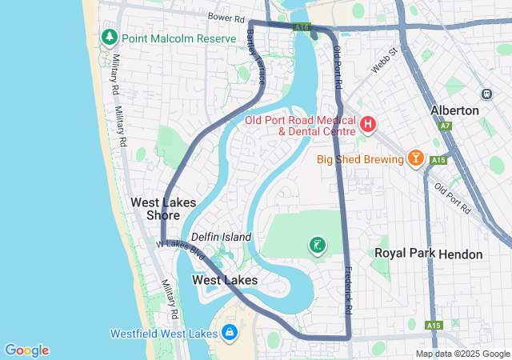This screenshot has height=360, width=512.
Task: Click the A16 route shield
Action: (x=302, y=27)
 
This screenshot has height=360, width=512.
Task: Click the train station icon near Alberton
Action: (x=486, y=93)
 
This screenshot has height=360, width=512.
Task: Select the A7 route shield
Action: (x=445, y=126)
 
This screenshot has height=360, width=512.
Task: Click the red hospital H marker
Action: (x=367, y=124)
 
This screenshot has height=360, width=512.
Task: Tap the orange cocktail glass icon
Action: (x=415, y=158)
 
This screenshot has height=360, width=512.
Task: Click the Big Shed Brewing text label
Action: (x=360, y=159)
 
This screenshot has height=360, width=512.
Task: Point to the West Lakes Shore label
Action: (x=163, y=209)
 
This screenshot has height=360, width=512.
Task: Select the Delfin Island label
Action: (x=221, y=237)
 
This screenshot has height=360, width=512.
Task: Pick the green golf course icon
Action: (x=318, y=245)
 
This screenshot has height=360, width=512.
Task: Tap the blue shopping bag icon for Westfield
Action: (x=229, y=331)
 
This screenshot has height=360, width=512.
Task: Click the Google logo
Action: (x=26, y=350)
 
